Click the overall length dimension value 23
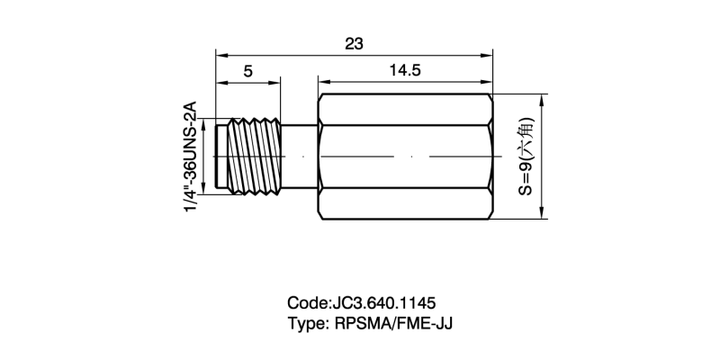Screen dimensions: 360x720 pyautogui.click(x=354, y=43)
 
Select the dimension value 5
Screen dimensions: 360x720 pyautogui.click(x=247, y=73)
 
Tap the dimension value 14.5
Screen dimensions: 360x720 pyautogui.click(x=405, y=73)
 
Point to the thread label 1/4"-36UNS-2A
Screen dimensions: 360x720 pyautogui.click(x=190, y=157)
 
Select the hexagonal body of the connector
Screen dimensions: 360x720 pyautogui.click(x=405, y=156)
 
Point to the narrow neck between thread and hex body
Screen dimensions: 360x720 pyautogui.click(x=300, y=156)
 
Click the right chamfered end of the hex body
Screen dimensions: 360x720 pyautogui.click(x=490, y=156)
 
